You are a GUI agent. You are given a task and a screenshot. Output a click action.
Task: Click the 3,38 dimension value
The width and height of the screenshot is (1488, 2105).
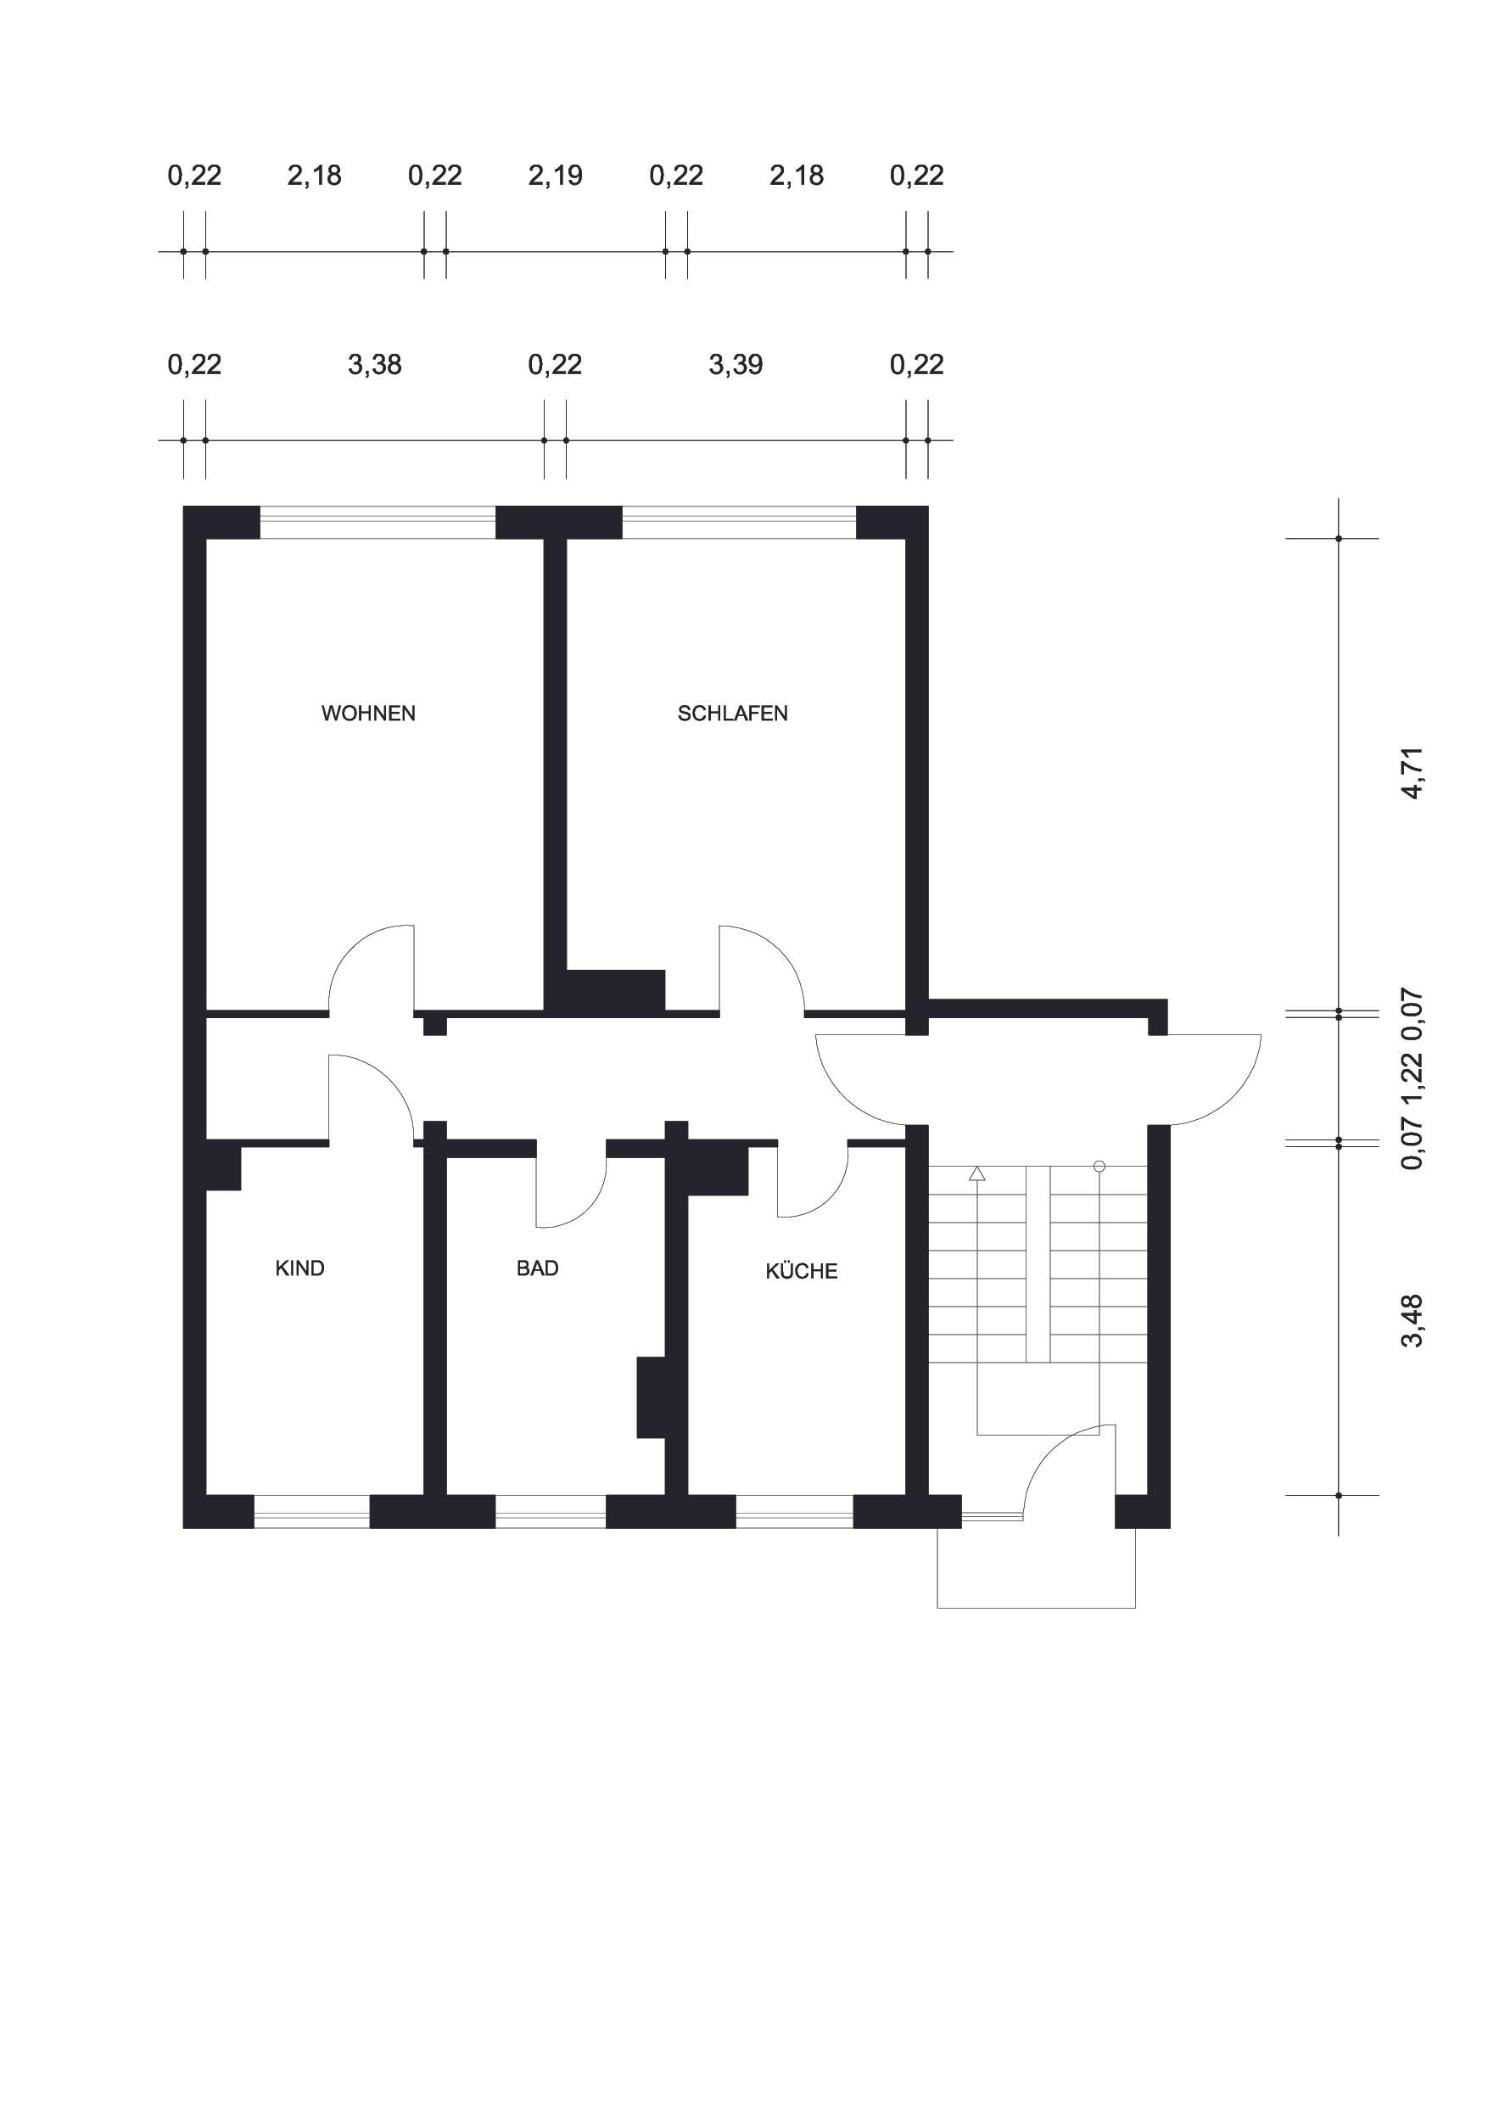click(374, 365)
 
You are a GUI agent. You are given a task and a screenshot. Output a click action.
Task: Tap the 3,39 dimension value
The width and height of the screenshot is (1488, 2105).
click(736, 365)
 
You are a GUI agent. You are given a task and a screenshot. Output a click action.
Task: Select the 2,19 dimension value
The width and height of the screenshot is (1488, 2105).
click(555, 175)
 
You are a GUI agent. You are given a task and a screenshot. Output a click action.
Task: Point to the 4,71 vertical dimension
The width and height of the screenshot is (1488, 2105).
click(1412, 774)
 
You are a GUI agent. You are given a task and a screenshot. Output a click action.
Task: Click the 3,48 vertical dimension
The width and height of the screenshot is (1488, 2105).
click(1412, 1320)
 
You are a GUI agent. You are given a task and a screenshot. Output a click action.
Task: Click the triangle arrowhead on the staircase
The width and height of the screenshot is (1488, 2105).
click(977, 1173)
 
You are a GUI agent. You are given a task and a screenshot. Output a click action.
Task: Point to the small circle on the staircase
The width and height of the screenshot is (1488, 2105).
click(1099, 1166)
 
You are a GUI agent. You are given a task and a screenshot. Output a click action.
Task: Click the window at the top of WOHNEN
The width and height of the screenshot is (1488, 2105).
click(378, 522)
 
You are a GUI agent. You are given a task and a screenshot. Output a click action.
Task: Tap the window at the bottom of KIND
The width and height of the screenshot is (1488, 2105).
click(311, 1512)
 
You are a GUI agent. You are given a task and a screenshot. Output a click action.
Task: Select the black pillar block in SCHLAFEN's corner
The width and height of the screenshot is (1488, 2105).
click(616, 990)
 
